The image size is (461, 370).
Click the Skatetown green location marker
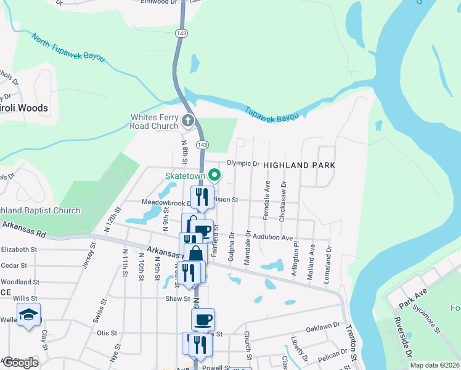[x=215, y=176]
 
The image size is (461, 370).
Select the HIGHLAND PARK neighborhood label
[x=299, y=165]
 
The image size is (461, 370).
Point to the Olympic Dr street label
[x=243, y=163]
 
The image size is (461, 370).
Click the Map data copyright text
[x=435, y=365]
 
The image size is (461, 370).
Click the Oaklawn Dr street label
[x=323, y=325]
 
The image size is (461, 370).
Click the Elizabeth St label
[x=19, y=250]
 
